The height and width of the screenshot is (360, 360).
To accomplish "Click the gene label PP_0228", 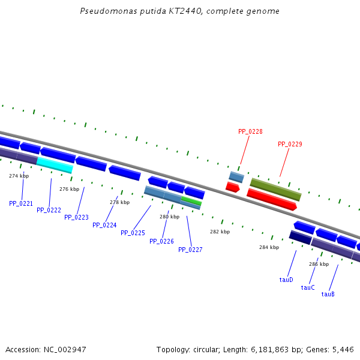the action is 250,131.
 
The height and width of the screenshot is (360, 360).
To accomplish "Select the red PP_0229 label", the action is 290,144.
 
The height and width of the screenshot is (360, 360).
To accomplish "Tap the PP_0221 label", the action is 21,203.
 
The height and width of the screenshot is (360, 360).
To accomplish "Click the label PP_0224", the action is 104,225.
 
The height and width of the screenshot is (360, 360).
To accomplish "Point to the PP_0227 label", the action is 190,250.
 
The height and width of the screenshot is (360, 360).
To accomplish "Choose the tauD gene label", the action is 286,280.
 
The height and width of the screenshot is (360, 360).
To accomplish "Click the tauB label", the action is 328,294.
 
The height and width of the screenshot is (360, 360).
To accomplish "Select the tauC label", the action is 308,287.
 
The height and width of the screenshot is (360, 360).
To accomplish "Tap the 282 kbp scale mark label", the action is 220,232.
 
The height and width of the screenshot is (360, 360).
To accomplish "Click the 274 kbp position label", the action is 19,176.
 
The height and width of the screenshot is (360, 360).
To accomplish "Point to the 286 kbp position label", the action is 319,264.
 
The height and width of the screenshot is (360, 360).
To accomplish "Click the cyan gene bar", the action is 55,164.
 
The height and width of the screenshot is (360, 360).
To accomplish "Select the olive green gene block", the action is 275,190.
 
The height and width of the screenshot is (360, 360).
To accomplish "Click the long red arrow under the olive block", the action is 271,199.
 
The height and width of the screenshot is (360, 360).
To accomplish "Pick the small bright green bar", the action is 191,200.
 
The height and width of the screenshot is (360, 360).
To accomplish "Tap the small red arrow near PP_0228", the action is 232,187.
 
